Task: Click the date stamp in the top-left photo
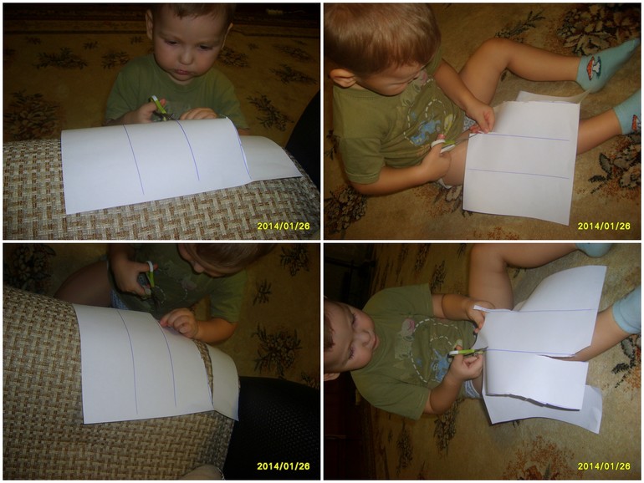[284, 226]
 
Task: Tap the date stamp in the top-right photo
[604, 226]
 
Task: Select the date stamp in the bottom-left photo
[284, 466]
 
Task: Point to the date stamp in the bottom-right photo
[604, 466]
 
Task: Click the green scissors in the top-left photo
[160, 108]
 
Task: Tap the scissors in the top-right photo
[450, 142]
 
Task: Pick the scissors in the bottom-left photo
[151, 283]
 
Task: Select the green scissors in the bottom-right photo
[467, 352]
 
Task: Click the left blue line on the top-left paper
[134, 160]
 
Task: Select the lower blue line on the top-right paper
[519, 173]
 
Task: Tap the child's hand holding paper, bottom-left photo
[181, 322]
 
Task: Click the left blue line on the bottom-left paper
[128, 361]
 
